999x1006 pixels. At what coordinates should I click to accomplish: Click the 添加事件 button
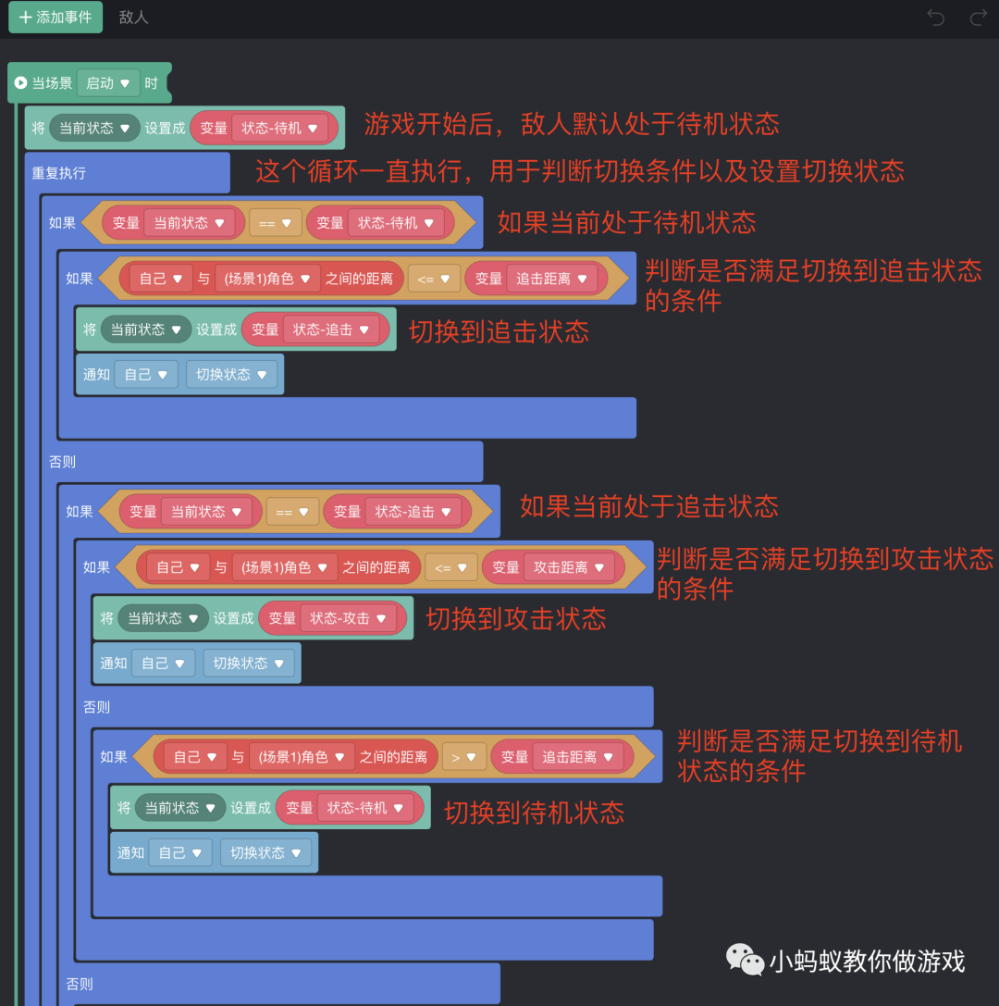click(55, 18)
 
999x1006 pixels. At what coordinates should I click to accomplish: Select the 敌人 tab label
click(134, 18)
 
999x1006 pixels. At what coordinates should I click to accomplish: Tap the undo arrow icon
click(936, 18)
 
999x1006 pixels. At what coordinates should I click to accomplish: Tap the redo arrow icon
click(978, 18)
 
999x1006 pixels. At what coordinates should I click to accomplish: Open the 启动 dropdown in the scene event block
click(108, 83)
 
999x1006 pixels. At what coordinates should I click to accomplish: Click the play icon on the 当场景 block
click(20, 83)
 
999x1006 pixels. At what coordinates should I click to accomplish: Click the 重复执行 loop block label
click(59, 173)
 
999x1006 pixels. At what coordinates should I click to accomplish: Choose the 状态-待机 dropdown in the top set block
click(279, 129)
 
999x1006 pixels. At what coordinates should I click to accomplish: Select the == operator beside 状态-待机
click(275, 223)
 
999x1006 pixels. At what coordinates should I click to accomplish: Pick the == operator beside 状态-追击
click(292, 512)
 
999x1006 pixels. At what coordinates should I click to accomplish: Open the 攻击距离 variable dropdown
click(569, 567)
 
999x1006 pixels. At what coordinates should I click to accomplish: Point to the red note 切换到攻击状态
click(515, 619)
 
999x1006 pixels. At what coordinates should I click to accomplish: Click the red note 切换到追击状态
click(499, 332)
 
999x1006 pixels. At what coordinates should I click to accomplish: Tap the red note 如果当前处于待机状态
click(626, 222)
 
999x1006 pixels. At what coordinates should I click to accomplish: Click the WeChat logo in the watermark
click(745, 960)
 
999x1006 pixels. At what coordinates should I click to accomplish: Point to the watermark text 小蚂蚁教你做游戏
click(867, 961)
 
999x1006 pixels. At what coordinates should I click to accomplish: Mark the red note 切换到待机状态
click(534, 813)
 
